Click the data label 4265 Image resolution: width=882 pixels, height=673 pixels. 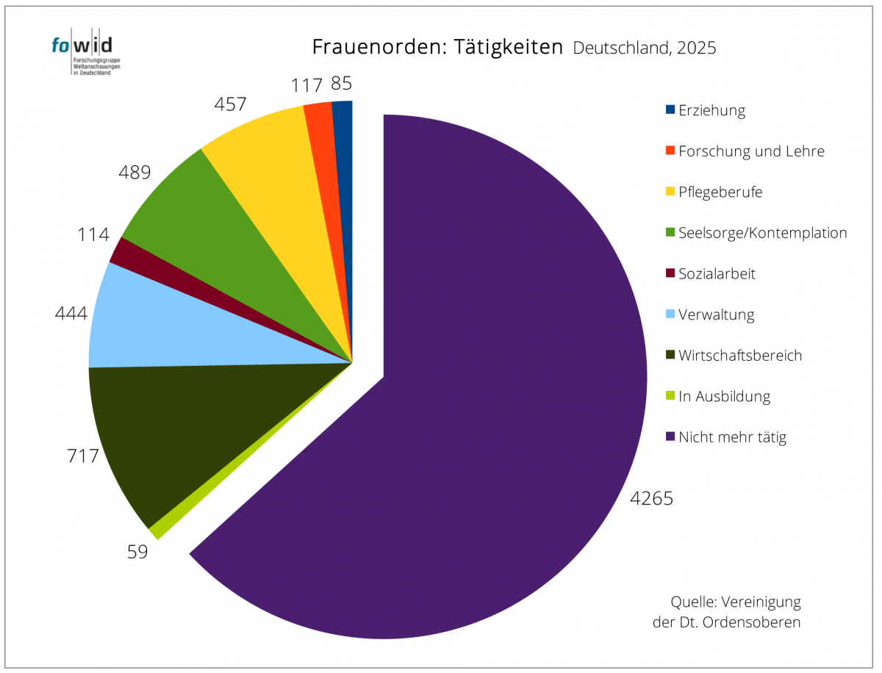[651, 498]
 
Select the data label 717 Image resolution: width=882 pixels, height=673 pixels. [82, 456]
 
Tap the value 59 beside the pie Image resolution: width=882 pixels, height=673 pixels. [137, 551]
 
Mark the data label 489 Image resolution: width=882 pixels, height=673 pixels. [135, 173]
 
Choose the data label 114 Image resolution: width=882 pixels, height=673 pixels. [93, 235]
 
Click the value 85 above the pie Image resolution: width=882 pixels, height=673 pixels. [341, 83]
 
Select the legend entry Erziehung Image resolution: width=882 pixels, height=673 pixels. [711, 110]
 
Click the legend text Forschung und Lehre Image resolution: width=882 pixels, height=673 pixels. [751, 151]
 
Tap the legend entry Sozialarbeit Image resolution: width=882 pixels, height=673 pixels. [717, 274]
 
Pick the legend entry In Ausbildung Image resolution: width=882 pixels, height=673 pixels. [724, 397]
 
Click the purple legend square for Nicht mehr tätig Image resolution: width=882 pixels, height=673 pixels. [670, 437]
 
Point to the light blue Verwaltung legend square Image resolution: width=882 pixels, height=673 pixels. [670, 314]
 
